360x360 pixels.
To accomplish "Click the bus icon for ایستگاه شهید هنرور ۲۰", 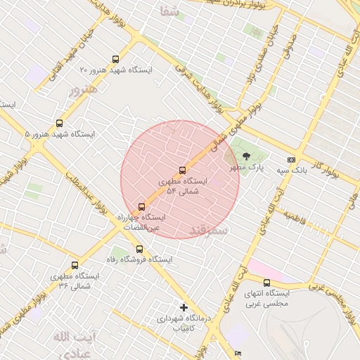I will (x=115, y=60).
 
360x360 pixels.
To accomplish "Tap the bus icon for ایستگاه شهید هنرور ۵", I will (x=58, y=123).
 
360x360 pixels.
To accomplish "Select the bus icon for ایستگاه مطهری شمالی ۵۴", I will (x=183, y=170).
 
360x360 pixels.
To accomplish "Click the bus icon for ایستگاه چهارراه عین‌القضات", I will (x=142, y=207).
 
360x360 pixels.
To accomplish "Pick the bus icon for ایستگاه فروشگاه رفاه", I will (x=139, y=248).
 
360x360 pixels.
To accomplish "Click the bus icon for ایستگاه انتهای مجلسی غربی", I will (x=266, y=283).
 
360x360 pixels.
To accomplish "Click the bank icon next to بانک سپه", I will (x=292, y=160).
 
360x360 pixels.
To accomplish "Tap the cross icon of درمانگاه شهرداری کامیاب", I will (x=184, y=307).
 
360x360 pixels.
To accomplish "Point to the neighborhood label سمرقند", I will (x=208, y=230).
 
